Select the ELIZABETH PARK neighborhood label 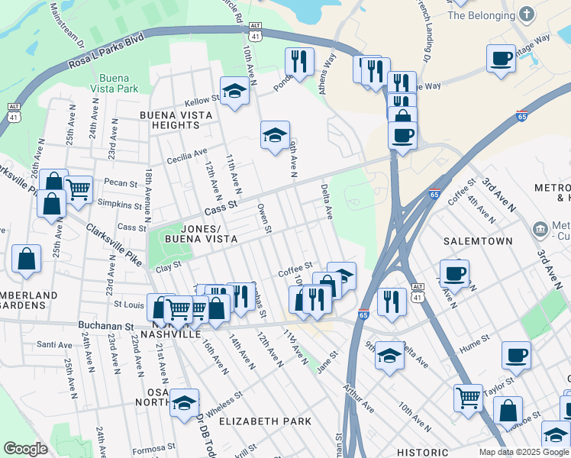pyautogui.click(x=265, y=421)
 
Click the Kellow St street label pyautogui.click(x=201, y=101)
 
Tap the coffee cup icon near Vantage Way pyautogui.click(x=501, y=58)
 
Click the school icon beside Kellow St pyautogui.click(x=234, y=92)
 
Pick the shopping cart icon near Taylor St pyautogui.click(x=468, y=396)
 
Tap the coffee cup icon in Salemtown pyautogui.click(x=454, y=273)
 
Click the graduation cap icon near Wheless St pyautogui.click(x=184, y=402)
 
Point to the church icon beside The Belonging pyautogui.click(x=526, y=15)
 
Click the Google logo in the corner pyautogui.click(x=25, y=449)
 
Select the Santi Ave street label pyautogui.click(x=54, y=345)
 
